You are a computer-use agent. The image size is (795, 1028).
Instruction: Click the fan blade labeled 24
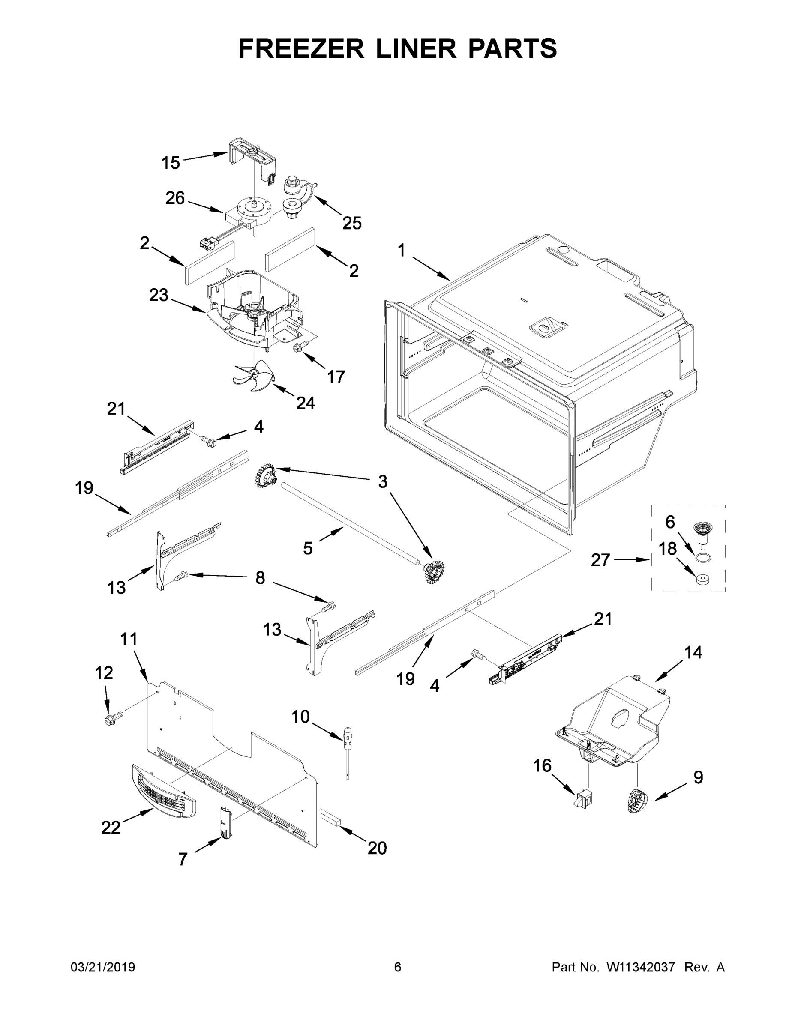tap(252, 376)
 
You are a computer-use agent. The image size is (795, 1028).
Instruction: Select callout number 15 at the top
tap(171, 163)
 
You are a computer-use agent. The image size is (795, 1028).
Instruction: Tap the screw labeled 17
tap(299, 347)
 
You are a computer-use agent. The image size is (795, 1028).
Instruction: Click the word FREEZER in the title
tap(301, 48)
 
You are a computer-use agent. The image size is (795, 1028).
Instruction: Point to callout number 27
tap(600, 560)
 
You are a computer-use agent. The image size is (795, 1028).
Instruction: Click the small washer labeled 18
tap(702, 579)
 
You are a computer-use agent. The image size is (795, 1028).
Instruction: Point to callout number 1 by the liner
tap(401, 250)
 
